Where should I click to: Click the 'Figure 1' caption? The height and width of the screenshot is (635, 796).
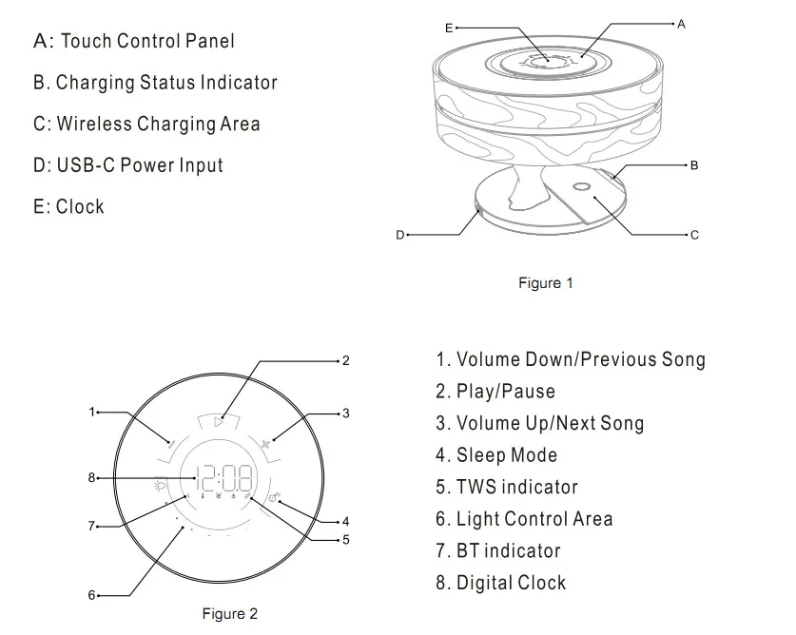(545, 283)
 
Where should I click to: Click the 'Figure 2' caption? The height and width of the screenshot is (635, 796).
(229, 614)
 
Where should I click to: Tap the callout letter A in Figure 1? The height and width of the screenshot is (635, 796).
(681, 24)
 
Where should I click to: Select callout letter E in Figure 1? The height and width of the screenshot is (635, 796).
(450, 29)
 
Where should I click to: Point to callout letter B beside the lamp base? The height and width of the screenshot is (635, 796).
(694, 165)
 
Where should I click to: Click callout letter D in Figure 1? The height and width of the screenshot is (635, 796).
(400, 234)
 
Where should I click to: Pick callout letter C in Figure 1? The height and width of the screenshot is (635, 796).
(694, 234)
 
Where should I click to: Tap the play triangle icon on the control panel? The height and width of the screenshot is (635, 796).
(220, 419)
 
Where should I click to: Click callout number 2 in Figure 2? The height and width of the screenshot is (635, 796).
(346, 360)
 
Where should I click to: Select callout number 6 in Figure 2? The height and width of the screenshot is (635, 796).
(92, 595)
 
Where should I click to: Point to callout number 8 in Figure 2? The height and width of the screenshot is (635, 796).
(92, 477)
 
